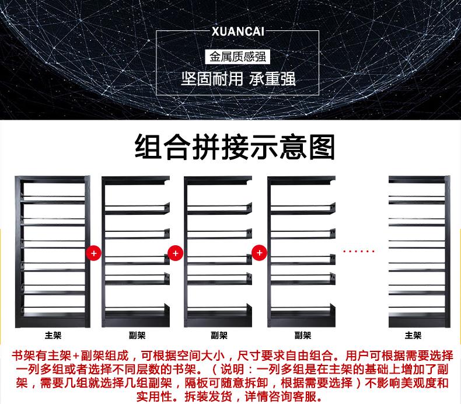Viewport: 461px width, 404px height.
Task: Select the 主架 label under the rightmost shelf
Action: click(413, 336)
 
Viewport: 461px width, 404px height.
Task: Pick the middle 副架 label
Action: click(219, 336)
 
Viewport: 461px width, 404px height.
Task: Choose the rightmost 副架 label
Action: click(302, 336)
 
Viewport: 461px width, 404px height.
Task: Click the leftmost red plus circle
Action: click(93, 253)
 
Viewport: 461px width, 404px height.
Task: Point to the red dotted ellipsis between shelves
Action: click(358, 252)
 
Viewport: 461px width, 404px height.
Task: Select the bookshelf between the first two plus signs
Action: click(135, 251)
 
